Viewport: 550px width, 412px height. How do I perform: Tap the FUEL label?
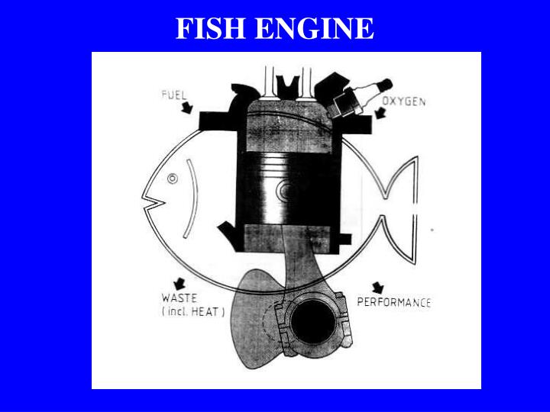click(x=174, y=95)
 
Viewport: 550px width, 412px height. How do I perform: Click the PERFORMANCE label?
click(x=394, y=302)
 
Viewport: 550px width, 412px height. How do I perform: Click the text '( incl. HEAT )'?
click(x=192, y=311)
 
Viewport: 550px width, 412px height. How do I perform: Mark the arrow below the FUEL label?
click(x=186, y=110)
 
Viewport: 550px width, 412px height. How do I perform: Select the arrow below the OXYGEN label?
click(x=380, y=116)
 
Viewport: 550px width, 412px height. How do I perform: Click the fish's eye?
click(x=172, y=179)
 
